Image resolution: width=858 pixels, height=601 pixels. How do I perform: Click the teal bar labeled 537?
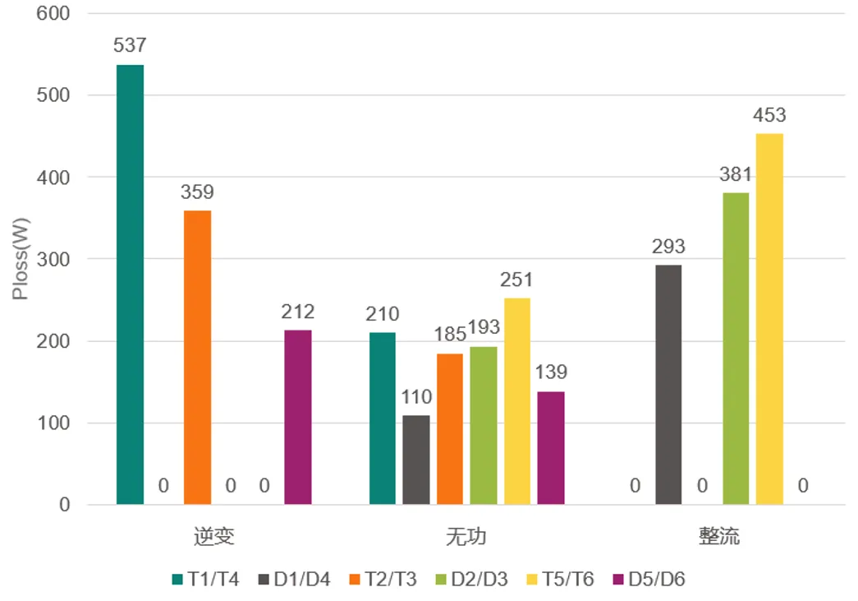[130, 284]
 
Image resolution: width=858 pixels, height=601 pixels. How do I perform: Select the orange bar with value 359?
[197, 357]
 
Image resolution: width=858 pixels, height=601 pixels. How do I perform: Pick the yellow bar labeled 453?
[769, 319]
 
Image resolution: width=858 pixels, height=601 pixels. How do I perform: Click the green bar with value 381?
[736, 349]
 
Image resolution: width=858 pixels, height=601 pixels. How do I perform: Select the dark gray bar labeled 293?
[668, 385]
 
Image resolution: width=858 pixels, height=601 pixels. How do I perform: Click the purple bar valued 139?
[551, 448]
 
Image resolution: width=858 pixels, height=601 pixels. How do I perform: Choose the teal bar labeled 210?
[383, 418]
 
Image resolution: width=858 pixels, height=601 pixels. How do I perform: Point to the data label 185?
[449, 334]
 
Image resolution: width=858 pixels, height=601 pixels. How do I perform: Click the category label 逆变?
[214, 537]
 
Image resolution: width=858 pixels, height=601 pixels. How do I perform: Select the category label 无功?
[466, 537]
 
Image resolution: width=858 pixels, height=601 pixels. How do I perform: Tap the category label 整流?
[719, 537]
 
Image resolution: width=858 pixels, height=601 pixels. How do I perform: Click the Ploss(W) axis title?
[20, 260]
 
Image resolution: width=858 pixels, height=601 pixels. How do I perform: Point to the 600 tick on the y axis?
[53, 13]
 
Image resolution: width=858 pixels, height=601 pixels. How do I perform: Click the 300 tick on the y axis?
[53, 259]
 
